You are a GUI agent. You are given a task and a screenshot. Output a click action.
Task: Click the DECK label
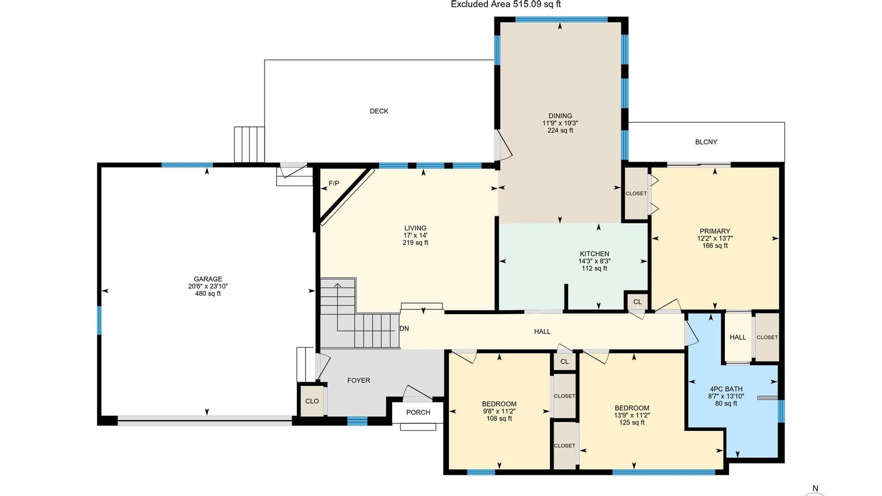click(x=379, y=111)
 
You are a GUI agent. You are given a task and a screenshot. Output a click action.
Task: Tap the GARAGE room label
click(x=208, y=279)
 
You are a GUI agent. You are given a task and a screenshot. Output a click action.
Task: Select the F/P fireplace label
click(x=334, y=184)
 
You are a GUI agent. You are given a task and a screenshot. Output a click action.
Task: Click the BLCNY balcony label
click(x=706, y=142)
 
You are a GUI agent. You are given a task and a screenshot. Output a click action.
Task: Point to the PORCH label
click(x=418, y=412)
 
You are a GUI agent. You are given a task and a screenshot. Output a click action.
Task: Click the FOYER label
click(x=359, y=380)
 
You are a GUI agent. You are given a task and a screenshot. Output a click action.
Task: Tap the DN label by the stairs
click(x=404, y=328)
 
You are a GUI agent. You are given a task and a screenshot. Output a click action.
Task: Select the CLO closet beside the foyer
click(x=312, y=401)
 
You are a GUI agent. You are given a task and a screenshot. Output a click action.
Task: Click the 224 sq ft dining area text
click(x=560, y=130)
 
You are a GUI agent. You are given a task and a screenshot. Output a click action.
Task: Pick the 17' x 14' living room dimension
click(x=415, y=235)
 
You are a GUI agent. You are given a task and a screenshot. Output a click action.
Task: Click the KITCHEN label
click(x=594, y=254)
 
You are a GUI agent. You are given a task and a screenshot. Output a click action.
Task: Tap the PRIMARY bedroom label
click(x=715, y=231)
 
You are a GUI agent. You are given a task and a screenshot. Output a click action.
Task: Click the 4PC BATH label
click(x=726, y=389)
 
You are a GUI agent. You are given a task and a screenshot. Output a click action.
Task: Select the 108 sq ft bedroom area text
click(x=499, y=419)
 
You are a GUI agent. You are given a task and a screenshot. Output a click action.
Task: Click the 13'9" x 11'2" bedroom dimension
click(x=632, y=415)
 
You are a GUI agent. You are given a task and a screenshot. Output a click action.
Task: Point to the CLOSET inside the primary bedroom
click(x=636, y=193)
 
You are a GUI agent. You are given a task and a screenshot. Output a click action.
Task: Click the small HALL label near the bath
click(x=738, y=337)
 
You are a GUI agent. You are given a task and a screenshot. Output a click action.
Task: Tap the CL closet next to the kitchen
click(x=637, y=302)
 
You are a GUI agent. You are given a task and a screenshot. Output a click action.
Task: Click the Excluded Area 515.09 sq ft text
click(x=506, y=4)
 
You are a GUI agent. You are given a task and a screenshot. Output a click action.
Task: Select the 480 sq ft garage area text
click(x=208, y=294)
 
